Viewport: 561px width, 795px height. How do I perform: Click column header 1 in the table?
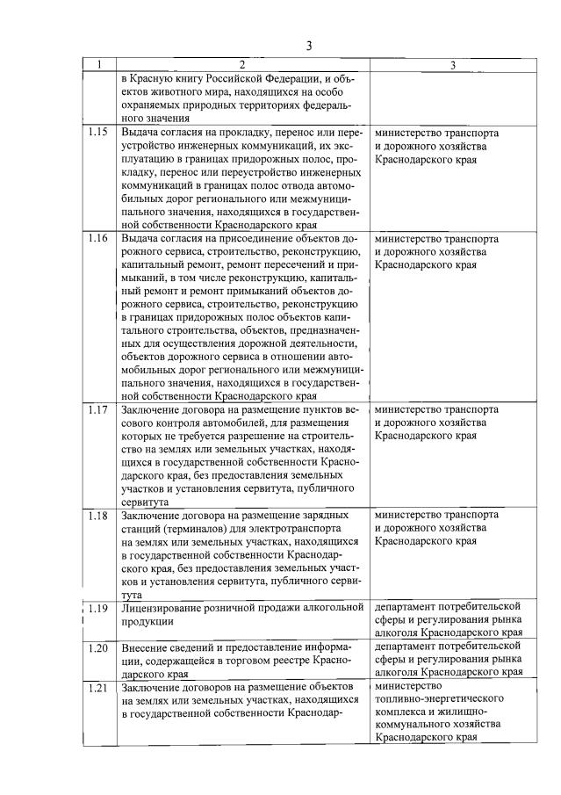point(100,65)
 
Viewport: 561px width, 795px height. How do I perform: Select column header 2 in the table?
point(243,65)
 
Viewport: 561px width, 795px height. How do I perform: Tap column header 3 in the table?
point(452,65)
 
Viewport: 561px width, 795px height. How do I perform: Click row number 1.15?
point(99,133)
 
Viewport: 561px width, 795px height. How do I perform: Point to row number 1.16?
point(99,238)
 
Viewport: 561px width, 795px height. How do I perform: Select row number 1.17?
point(99,409)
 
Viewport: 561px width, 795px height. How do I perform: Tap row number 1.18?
point(99,515)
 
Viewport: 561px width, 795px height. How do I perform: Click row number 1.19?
point(99,607)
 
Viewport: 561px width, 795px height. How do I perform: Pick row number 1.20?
point(99,647)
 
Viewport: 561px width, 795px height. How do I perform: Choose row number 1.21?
point(99,686)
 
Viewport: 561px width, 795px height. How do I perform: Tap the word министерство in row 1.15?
point(406,133)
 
